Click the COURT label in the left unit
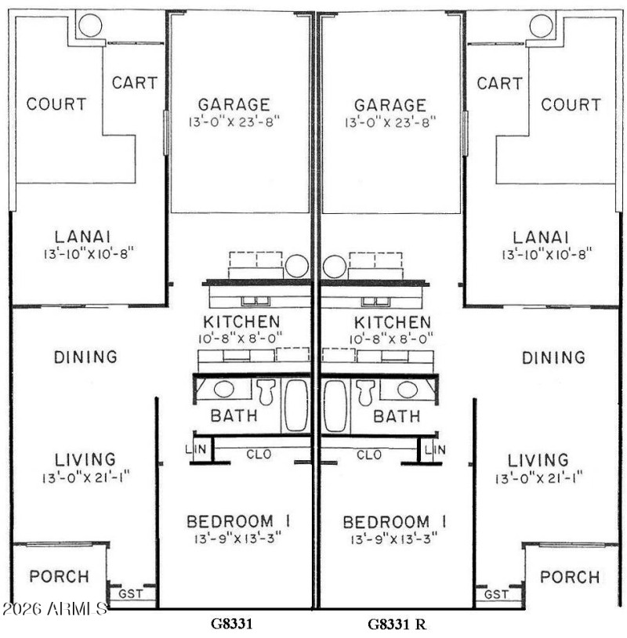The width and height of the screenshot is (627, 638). (x=56, y=104)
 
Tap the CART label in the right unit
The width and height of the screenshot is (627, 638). (x=500, y=83)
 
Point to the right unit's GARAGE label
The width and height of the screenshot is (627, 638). (x=390, y=105)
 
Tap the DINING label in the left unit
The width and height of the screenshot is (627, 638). (x=85, y=357)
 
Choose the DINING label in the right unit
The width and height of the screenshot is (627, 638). (x=553, y=357)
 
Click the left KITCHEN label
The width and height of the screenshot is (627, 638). (x=241, y=321)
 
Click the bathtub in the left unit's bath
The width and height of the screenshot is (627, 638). (x=296, y=404)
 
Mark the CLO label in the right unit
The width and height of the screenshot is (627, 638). (x=369, y=454)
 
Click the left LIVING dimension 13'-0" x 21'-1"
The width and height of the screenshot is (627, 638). (x=86, y=477)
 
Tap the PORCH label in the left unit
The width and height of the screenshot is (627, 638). (x=59, y=577)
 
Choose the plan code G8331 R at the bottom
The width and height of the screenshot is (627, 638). (x=397, y=625)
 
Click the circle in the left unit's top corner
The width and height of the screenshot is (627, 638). (x=89, y=26)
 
